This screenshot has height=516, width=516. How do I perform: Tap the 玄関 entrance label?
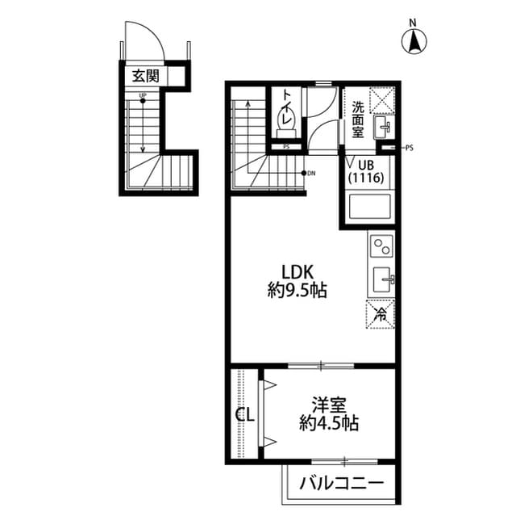pyautogui.click(x=146, y=76)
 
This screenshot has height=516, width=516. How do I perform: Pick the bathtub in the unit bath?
pyautogui.click(x=368, y=208)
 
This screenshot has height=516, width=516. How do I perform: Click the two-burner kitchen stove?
pyautogui.click(x=381, y=243)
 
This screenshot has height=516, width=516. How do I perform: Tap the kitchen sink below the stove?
pyautogui.click(x=381, y=280)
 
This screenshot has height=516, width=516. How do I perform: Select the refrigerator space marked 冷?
pyautogui.click(x=381, y=313)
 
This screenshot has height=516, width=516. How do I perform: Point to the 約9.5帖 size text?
pyautogui.click(x=297, y=291)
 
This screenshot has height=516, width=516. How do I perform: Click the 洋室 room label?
pyautogui.click(x=329, y=404)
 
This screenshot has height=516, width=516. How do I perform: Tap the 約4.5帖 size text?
pyautogui.click(x=329, y=422)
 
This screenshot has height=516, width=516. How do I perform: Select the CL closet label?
pyautogui.click(x=245, y=416)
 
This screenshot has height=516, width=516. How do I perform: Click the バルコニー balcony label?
pyautogui.click(x=341, y=484)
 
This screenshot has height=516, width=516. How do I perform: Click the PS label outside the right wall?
pyautogui.click(x=409, y=148)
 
